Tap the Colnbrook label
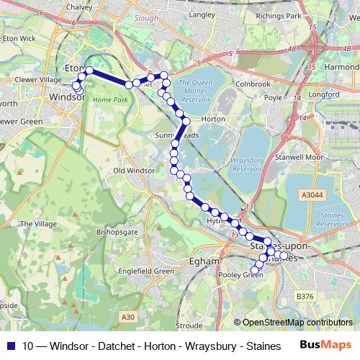point(251,83)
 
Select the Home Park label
point(109,99)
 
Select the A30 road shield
point(128,316)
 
